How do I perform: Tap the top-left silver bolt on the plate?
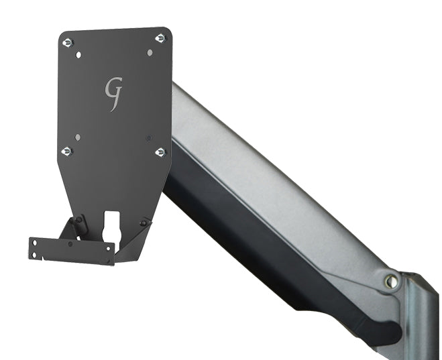67,43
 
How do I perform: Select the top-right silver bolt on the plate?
160,39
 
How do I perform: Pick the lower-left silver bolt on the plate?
66,152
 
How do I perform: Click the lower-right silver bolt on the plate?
160,153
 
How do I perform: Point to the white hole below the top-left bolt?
79,55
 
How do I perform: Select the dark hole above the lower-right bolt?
149,138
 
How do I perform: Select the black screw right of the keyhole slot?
143,222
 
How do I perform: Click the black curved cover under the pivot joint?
376,315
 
